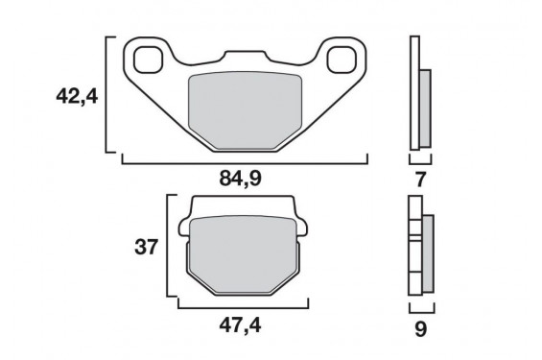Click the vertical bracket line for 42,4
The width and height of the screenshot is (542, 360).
(105, 95)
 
